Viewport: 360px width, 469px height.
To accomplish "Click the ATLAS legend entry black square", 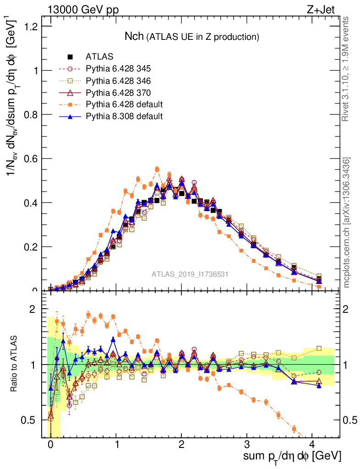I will (x=70, y=57).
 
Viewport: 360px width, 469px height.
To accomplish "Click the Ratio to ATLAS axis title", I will (x=16, y=364).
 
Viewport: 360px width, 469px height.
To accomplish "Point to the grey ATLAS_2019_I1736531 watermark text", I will (x=190, y=274).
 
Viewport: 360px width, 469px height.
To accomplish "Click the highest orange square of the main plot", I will (x=157, y=169).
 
